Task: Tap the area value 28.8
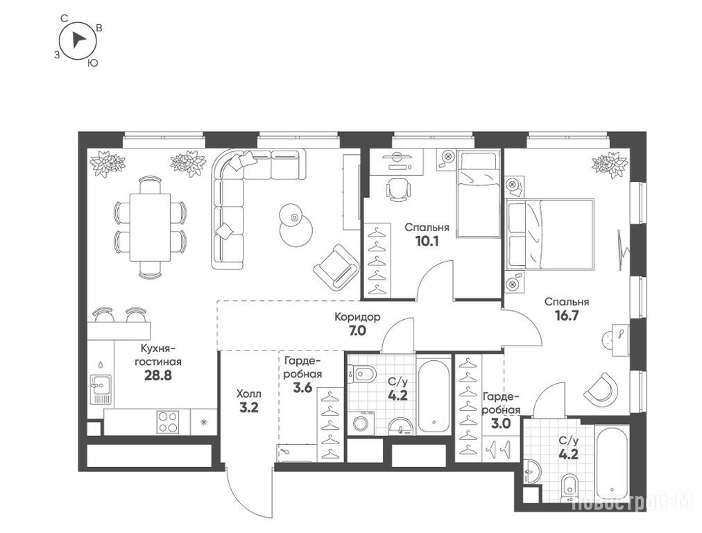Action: [x=158, y=375]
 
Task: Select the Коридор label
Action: [x=358, y=317]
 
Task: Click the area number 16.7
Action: [x=566, y=316]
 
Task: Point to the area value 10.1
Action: [x=427, y=242]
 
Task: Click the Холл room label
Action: [x=248, y=394]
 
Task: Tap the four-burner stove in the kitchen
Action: [x=168, y=422]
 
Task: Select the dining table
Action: [x=150, y=228]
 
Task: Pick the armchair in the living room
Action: [x=336, y=266]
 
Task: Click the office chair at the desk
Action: [x=398, y=189]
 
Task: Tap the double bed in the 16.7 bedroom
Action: [x=550, y=235]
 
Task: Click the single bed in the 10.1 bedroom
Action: [x=478, y=194]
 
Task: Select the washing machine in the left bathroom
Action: [x=361, y=423]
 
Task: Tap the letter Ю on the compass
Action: [x=93, y=62]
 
